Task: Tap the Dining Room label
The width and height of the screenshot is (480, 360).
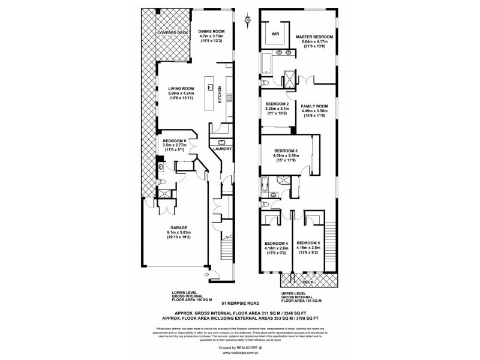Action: coord(211,31)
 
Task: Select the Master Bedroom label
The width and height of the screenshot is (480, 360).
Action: coord(314,37)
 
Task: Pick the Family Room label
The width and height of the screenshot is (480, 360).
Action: coord(314,106)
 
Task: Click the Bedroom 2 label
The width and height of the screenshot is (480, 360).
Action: coord(277,104)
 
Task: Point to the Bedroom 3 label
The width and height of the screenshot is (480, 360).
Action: coord(286,151)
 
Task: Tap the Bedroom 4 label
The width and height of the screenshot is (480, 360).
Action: coord(277,243)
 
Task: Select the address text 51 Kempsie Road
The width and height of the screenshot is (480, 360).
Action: coord(239,305)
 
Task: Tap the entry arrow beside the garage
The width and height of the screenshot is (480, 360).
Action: coord(206,275)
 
